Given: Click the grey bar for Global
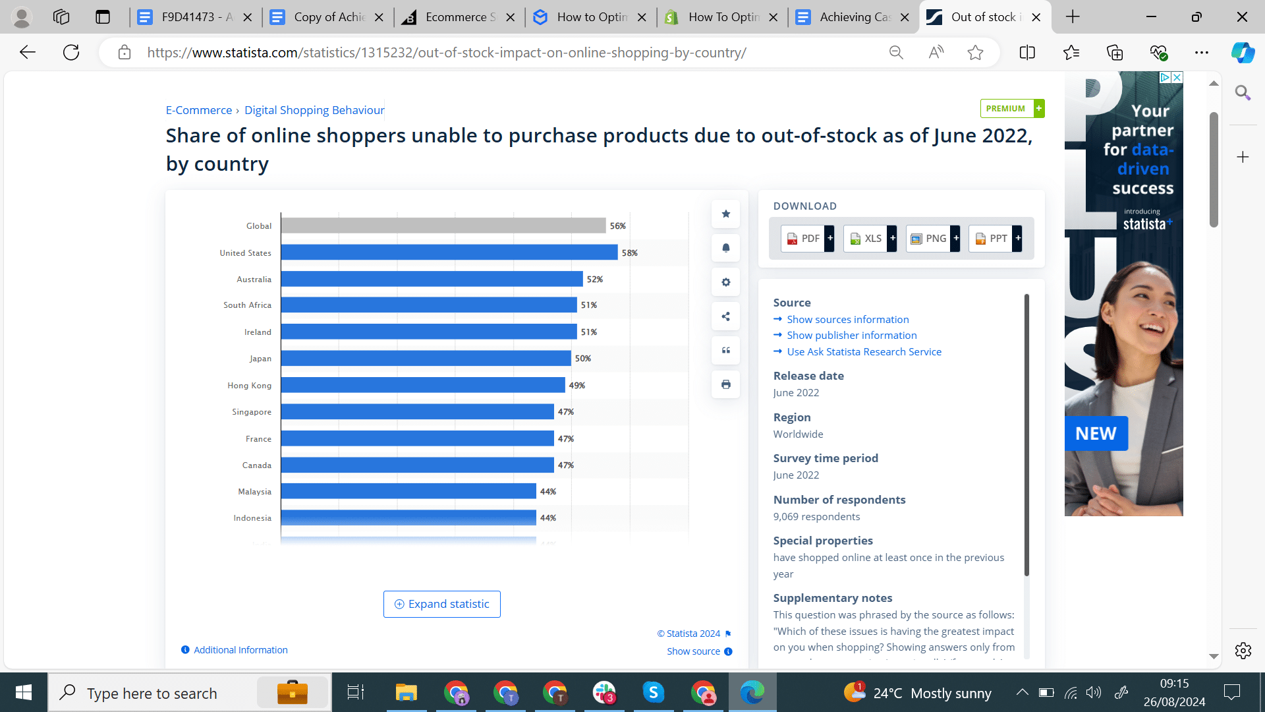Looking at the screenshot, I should click(x=443, y=225).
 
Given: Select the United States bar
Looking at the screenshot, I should click(x=449, y=252).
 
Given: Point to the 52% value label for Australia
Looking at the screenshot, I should click(x=595, y=280).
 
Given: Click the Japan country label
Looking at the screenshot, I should click(x=260, y=359).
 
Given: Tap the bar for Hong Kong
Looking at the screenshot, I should click(x=422, y=385).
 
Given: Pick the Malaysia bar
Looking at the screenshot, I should click(x=408, y=491).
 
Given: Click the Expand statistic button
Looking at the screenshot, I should click(x=441, y=604).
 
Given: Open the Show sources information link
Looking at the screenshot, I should click(x=847, y=319).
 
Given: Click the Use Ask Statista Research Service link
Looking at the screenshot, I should click(x=864, y=352).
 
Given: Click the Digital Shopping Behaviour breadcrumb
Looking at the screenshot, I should click(x=314, y=110).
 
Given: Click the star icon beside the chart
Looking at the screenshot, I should click(x=725, y=214).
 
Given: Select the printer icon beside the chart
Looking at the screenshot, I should click(x=725, y=384).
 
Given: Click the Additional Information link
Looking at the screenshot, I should click(x=240, y=650).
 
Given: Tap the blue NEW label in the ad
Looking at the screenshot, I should click(x=1096, y=433).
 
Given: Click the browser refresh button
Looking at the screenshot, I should click(x=71, y=53).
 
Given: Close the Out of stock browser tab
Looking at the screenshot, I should click(x=1036, y=17).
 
